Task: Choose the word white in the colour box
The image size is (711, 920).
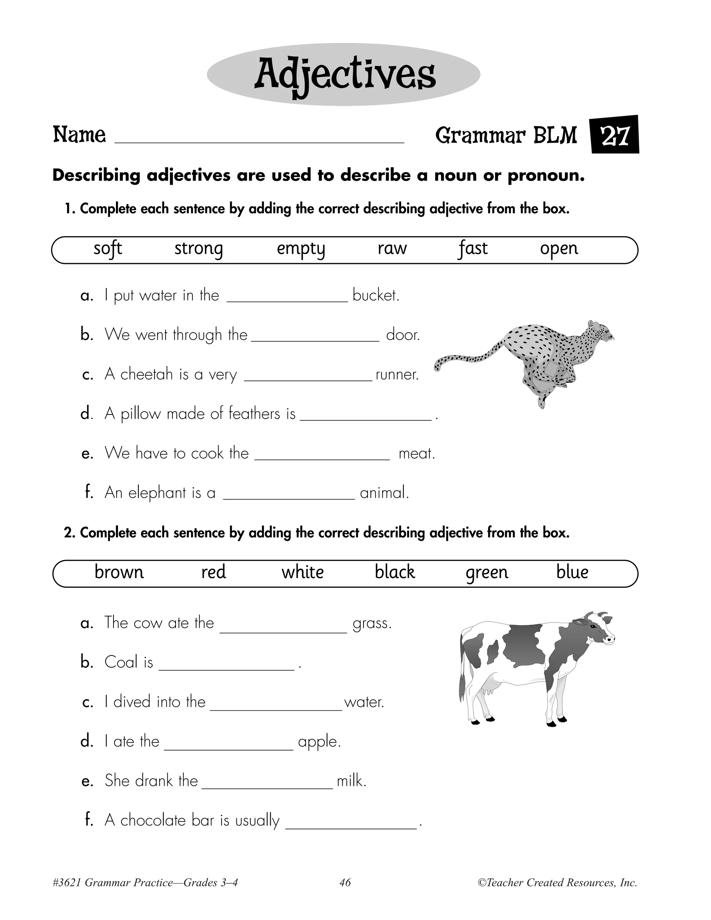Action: click(x=302, y=572)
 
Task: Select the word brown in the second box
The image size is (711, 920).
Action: click(x=119, y=572)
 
